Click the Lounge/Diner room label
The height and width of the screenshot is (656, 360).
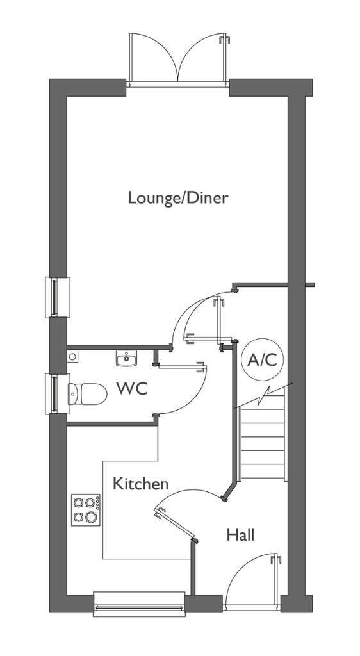point(178,197)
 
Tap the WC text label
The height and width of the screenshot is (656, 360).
point(132,388)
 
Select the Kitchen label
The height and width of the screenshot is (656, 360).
point(140,484)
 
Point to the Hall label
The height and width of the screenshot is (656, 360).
point(240,534)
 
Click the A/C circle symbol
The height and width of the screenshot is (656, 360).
point(263,359)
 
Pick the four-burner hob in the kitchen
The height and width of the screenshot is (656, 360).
point(86,510)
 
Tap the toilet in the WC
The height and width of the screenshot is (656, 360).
point(87,393)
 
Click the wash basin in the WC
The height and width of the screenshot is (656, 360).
point(126,359)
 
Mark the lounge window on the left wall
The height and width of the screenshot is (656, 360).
point(57,297)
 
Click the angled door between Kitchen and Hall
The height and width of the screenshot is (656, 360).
point(176,523)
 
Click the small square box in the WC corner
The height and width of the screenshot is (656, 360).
point(72,357)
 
